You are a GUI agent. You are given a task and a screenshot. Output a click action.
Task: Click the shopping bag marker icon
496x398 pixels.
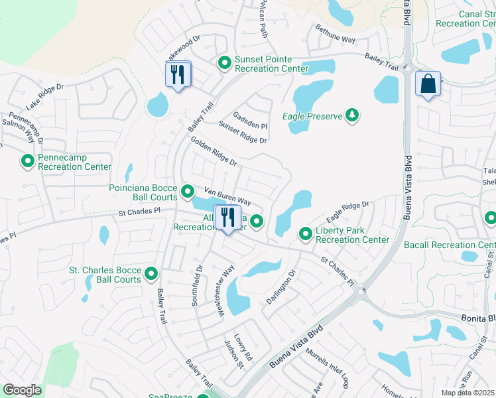coord(428,84)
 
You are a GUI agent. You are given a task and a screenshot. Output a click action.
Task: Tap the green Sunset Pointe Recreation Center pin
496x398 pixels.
coord(225,63)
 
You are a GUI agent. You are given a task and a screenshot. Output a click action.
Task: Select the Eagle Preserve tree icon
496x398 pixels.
coord(352,116)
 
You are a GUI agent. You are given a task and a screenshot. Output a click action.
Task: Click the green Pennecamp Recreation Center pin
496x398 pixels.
coord(28,161)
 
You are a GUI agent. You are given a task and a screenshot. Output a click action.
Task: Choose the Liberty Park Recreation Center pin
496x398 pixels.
coord(305,233)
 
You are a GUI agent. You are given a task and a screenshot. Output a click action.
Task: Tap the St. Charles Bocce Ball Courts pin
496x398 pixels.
coord(151,274)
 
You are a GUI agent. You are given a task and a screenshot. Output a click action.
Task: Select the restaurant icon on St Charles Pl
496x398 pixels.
coord(227,217)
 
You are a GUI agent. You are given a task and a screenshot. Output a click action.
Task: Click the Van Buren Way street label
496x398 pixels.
coord(227,196)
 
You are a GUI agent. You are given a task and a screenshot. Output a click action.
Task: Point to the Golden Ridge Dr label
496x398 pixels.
coord(213,151)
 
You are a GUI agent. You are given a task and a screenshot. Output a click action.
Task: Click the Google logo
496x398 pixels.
coord(22,390)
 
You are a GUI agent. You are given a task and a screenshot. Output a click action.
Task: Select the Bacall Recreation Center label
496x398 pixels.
coord(449,245)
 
